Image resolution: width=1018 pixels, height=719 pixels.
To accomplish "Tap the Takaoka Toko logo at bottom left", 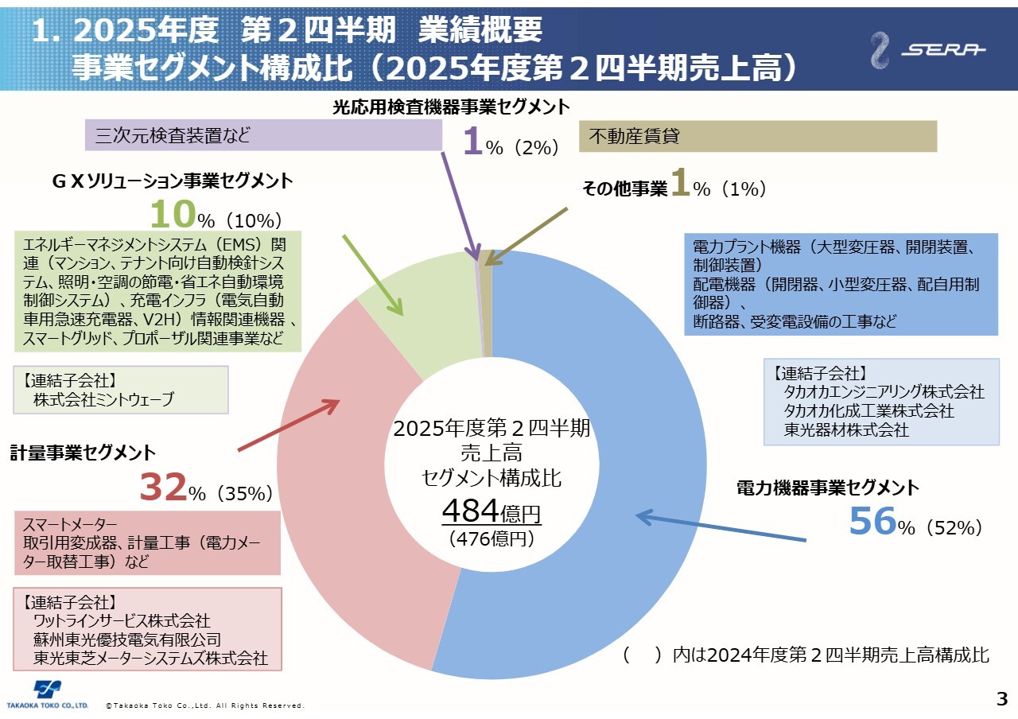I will (47, 694).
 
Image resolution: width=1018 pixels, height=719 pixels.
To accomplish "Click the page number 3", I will (1002, 700).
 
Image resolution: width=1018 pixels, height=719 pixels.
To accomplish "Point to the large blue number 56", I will (872, 522).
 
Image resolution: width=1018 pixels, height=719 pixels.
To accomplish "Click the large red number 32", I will (163, 488).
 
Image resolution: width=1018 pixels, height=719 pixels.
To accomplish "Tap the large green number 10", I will (173, 215).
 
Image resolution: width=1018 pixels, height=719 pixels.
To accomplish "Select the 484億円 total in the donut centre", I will (492, 510).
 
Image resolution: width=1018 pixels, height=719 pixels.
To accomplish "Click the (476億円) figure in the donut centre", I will (492, 538).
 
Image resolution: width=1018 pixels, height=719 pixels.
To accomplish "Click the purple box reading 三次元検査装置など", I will (262, 136).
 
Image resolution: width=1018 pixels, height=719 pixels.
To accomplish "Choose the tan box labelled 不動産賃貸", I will (758, 136).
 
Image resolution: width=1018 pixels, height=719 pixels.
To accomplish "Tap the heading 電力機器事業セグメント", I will (827, 488).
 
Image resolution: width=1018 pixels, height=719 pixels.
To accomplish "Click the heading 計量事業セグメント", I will (84, 453).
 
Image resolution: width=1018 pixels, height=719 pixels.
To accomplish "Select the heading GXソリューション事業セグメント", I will (173, 181).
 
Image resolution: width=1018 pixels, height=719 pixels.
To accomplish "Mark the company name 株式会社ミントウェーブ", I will (103, 400).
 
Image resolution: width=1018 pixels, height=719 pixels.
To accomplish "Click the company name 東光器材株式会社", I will (846, 430).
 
